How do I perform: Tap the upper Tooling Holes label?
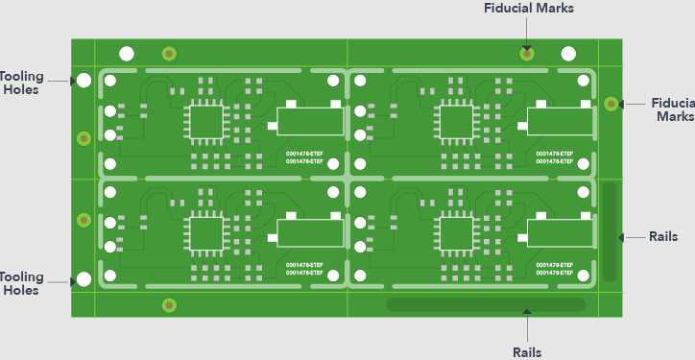point(19,83)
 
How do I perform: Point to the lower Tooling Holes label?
point(19,283)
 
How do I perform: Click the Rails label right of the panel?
point(663,236)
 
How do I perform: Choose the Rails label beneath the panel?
point(526,351)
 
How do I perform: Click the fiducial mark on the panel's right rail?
point(610,103)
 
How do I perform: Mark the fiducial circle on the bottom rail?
point(169,305)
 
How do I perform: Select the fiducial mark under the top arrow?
point(526,53)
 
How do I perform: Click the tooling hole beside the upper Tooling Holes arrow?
point(84,81)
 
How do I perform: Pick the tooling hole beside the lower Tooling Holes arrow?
point(84,279)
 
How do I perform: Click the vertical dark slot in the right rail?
point(610,230)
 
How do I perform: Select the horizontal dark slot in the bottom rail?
point(485,305)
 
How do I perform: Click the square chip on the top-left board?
point(204,121)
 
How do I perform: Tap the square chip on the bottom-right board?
point(454,233)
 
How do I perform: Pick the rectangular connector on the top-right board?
point(559,121)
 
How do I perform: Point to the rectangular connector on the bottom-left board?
point(309,233)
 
